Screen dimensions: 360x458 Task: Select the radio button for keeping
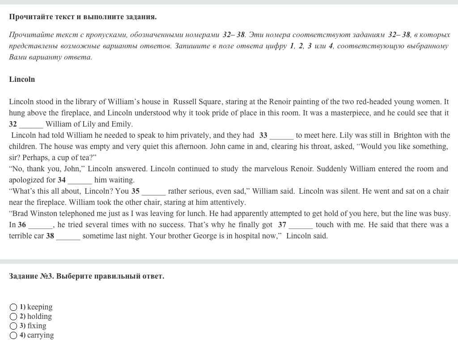click(13, 307)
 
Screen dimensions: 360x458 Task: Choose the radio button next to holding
click(13, 317)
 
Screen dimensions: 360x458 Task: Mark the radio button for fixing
click(13, 326)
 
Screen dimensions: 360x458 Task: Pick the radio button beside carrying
click(13, 335)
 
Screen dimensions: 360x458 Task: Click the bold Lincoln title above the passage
click(22, 79)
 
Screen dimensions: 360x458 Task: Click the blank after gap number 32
click(31, 124)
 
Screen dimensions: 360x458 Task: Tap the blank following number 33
click(281, 136)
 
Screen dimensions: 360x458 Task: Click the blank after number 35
click(153, 191)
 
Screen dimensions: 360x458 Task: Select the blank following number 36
click(40, 225)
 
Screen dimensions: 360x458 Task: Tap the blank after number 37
click(301, 225)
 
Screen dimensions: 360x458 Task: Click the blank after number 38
click(68, 236)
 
